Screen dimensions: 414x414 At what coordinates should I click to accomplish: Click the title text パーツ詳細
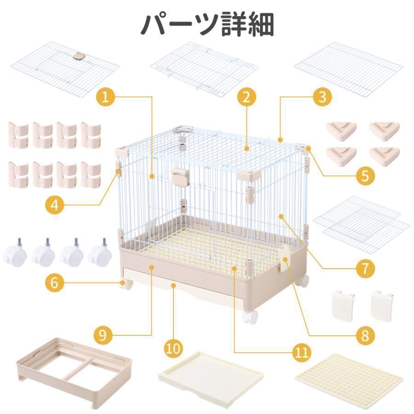tap(207, 24)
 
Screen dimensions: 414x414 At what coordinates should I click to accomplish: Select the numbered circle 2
tap(246, 97)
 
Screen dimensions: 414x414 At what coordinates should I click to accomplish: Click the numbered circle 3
tap(322, 97)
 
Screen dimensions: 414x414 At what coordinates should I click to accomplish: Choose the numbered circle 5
tap(365, 176)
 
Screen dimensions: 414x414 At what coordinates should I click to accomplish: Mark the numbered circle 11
tap(300, 352)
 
